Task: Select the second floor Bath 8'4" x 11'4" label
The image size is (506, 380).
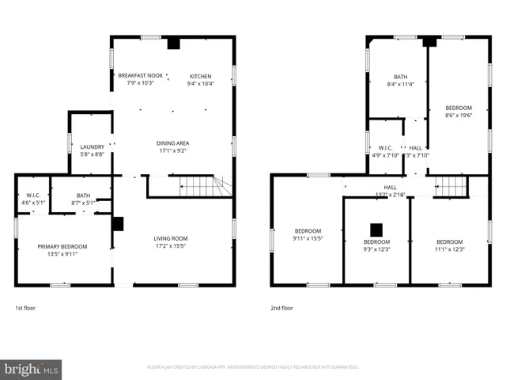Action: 395,81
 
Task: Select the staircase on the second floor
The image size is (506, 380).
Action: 451,186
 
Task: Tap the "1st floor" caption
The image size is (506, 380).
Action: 25,307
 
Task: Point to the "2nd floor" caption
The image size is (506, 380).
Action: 282,307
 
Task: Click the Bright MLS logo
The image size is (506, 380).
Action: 32,369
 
